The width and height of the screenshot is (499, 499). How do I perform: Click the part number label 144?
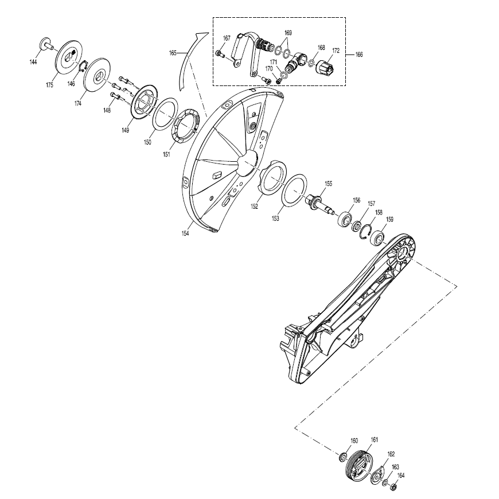(x=33, y=62)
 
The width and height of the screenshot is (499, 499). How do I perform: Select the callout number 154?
(x=185, y=233)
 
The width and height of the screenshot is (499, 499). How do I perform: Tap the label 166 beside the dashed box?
(x=358, y=54)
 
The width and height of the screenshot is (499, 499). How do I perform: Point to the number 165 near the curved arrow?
(x=173, y=53)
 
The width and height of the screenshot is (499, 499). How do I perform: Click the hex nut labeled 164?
(x=393, y=486)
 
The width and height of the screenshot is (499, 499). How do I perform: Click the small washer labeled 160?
(x=343, y=458)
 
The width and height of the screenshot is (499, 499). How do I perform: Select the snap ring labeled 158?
(x=365, y=232)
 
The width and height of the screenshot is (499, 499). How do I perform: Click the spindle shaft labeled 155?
(x=318, y=204)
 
